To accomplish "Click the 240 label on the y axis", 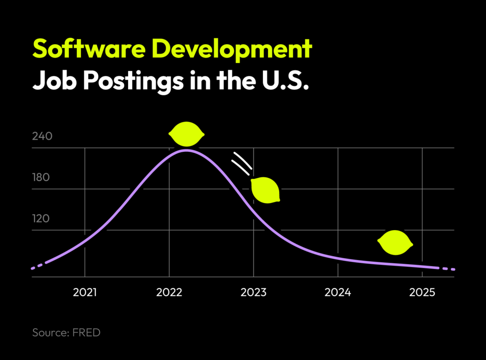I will [42, 137].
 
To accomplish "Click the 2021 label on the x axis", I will [84, 292].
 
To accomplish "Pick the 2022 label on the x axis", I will [169, 292].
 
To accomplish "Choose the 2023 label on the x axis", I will [253, 292].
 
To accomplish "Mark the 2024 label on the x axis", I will [337, 292].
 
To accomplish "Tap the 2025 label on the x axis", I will [422, 292].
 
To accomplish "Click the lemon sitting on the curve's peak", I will [187, 134].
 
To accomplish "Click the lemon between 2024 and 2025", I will [395, 243].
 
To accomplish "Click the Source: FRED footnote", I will [66, 332].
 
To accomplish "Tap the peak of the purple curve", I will [186, 150].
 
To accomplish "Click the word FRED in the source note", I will [86, 332].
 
